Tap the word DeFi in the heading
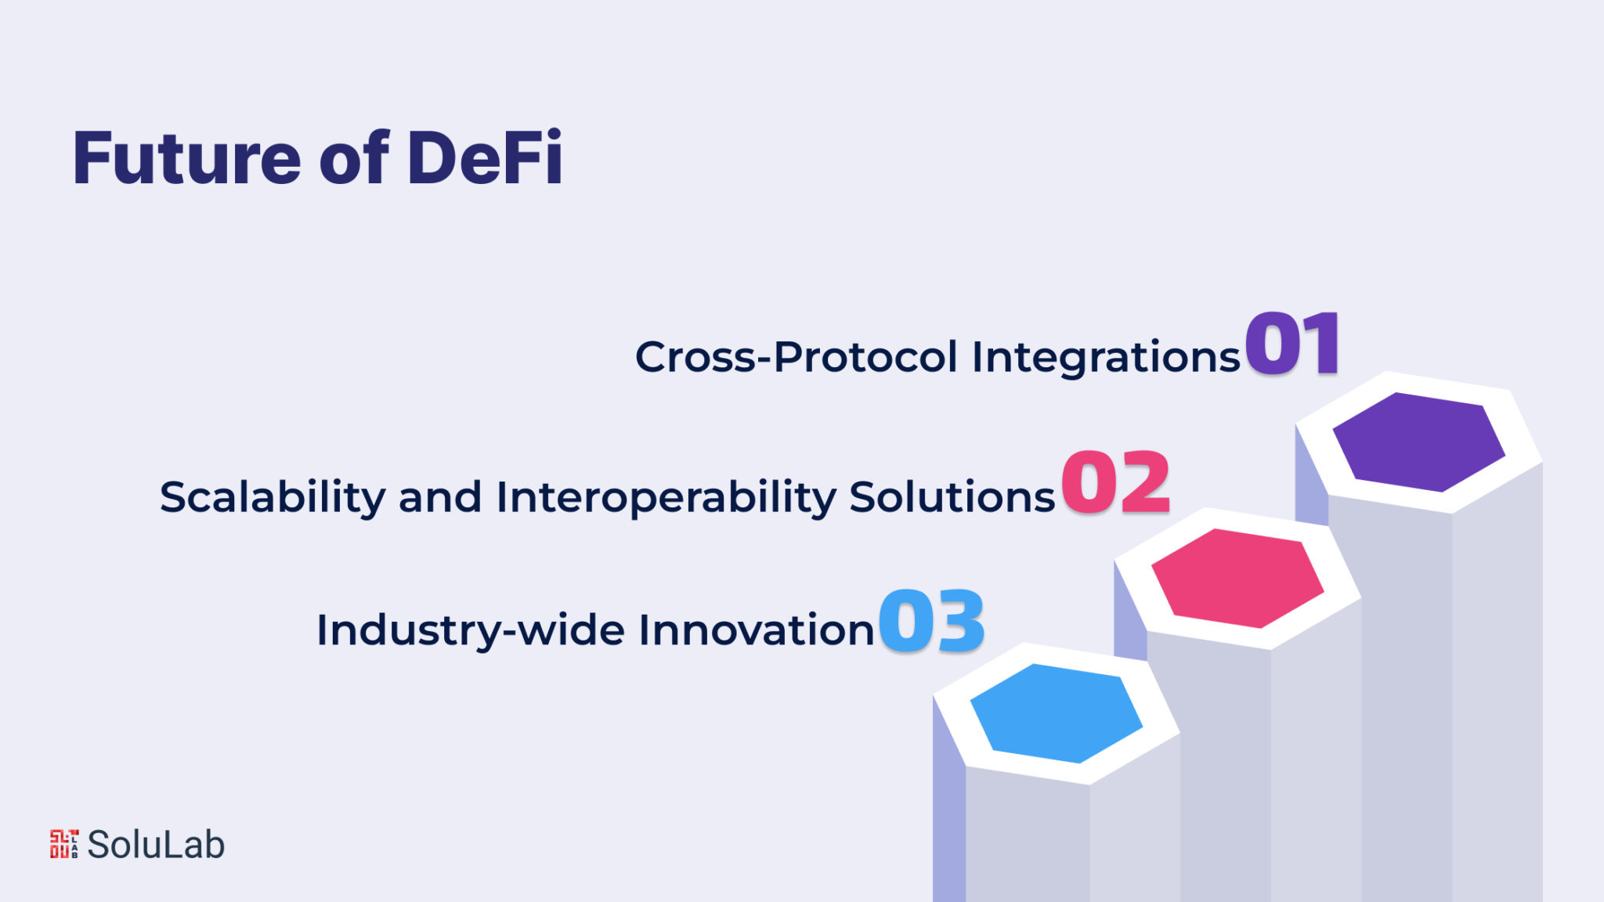(x=485, y=157)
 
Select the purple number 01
(x=1292, y=344)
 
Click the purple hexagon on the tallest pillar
(x=1418, y=442)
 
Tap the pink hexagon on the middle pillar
(x=1237, y=578)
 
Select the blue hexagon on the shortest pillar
(x=1057, y=713)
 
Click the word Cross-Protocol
(x=796, y=357)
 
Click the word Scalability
(x=273, y=498)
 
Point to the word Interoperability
(x=667, y=498)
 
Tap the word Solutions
(x=952, y=496)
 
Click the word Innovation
(x=756, y=630)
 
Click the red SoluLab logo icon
(x=64, y=844)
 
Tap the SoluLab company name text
(x=156, y=844)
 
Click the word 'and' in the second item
(x=440, y=496)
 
